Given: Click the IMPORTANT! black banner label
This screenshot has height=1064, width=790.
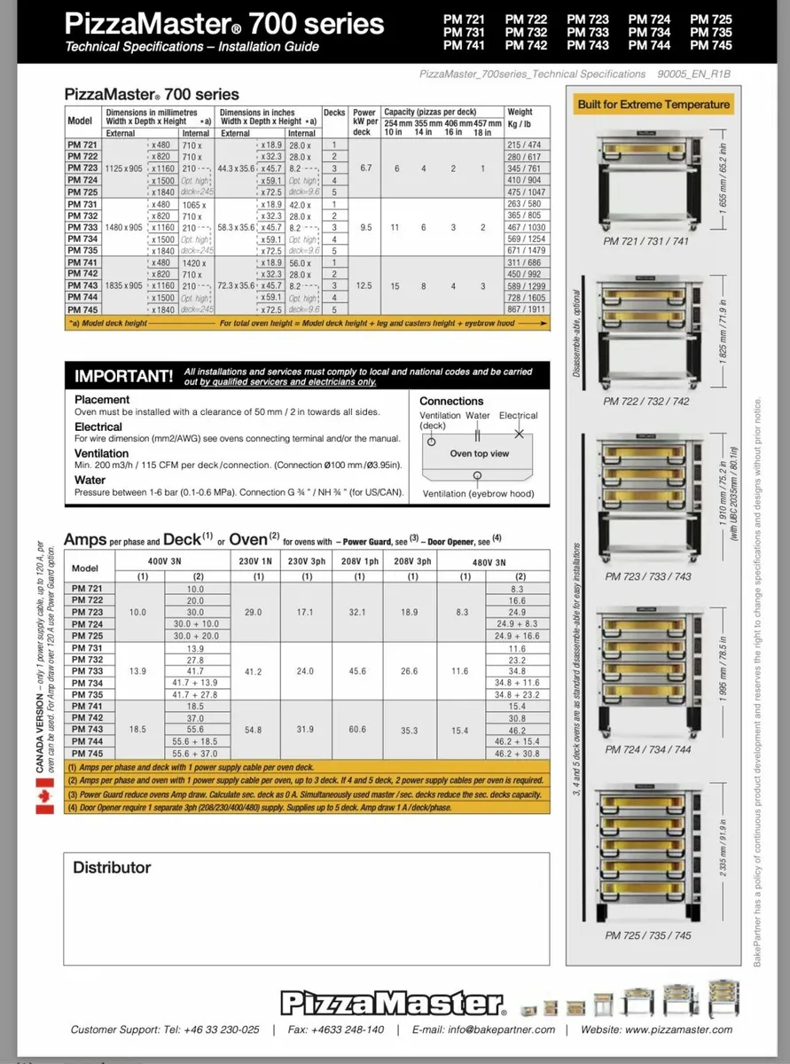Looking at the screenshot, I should [124, 376].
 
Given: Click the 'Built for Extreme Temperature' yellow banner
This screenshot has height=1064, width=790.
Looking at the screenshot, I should [653, 105].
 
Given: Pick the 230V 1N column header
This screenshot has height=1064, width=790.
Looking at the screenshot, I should [255, 562].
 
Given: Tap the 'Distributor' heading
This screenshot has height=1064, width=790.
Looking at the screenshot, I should [112, 867].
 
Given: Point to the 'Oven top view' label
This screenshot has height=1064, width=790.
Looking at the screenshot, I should [480, 453].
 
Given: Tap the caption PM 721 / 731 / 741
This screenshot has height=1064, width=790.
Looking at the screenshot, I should [645, 240].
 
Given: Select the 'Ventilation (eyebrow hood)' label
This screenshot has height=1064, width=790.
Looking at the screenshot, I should [478, 494].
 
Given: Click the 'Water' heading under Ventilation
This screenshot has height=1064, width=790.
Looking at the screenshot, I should [90, 480].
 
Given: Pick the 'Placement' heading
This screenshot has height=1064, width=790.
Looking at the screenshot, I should [102, 400].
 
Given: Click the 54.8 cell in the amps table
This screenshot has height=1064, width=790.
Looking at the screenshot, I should [253, 729].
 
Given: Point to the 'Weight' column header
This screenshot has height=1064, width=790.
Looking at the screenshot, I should [520, 113].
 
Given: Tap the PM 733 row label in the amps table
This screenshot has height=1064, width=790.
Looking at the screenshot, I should [86, 672].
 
